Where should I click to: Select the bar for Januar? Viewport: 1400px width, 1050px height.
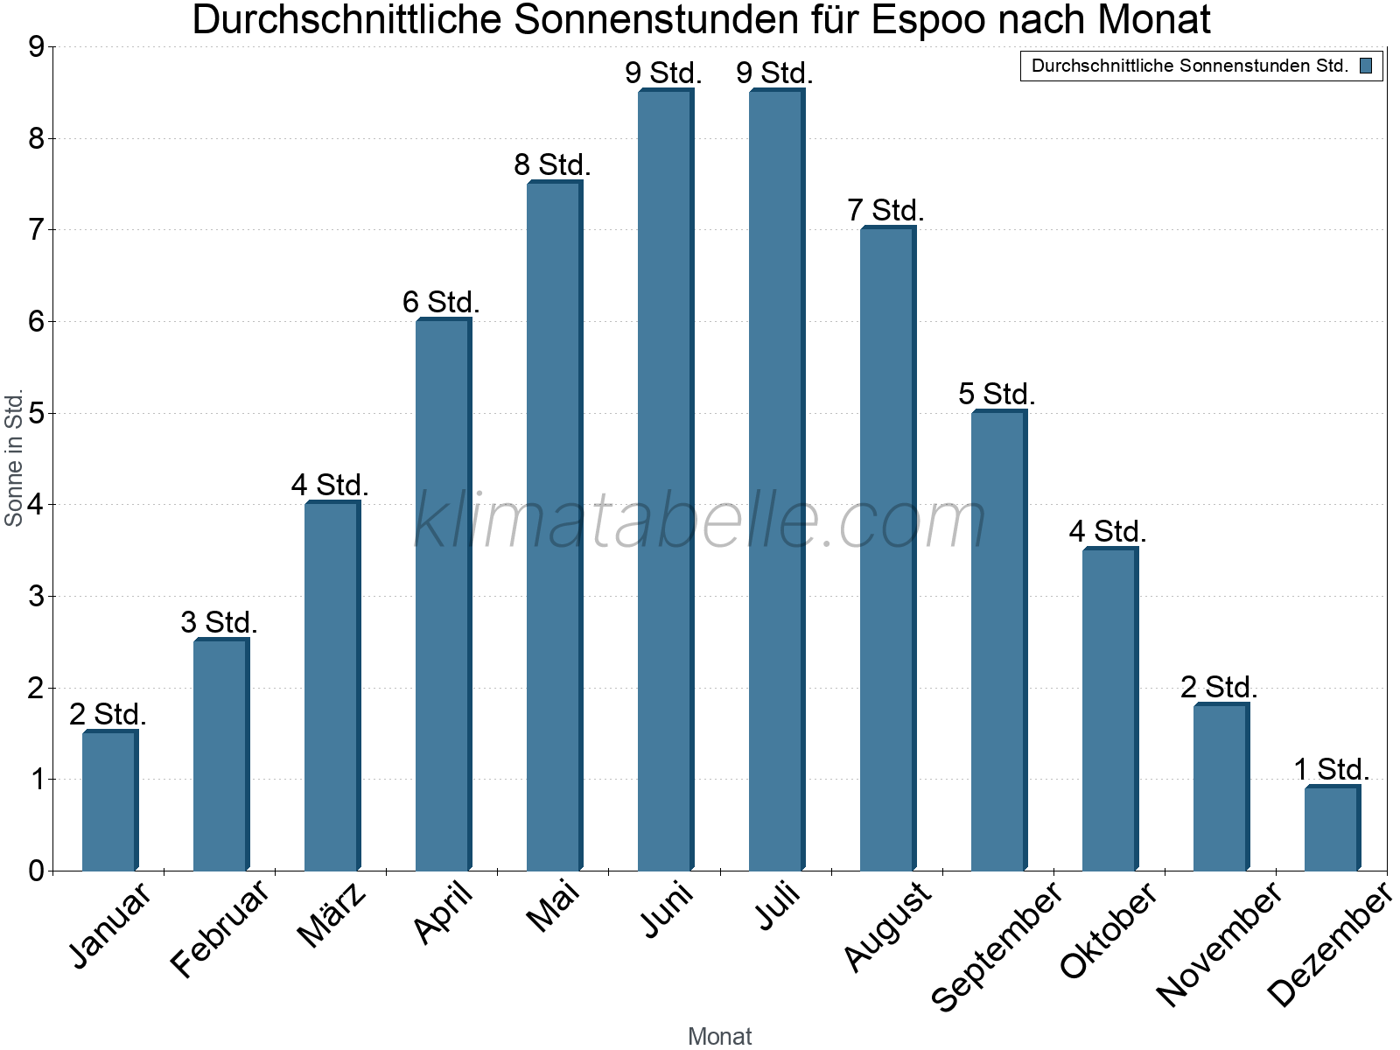[x=109, y=801]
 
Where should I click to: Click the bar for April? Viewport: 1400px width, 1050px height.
[x=443, y=595]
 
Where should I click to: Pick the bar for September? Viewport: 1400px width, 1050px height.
[x=998, y=640]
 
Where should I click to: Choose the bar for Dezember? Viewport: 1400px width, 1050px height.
[x=1332, y=829]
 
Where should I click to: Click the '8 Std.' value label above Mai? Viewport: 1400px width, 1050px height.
[x=552, y=164]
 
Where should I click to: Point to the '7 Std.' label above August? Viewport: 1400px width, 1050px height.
[x=885, y=211]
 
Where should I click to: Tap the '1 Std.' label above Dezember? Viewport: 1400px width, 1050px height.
[x=1331, y=770]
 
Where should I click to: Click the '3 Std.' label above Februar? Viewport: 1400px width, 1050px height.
[x=219, y=623]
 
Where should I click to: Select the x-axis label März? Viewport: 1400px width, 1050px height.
[x=332, y=915]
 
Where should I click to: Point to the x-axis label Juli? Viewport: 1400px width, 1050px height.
[x=778, y=906]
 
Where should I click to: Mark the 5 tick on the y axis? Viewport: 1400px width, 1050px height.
[x=36, y=413]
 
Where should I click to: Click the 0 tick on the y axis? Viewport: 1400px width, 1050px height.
[x=36, y=871]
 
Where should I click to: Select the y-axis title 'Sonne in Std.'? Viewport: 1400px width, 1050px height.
[x=14, y=458]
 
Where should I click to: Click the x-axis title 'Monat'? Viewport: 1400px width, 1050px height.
[x=719, y=1036]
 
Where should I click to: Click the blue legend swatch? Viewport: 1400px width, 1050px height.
[x=1366, y=66]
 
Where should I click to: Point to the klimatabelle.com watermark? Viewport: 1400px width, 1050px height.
[x=700, y=521]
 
